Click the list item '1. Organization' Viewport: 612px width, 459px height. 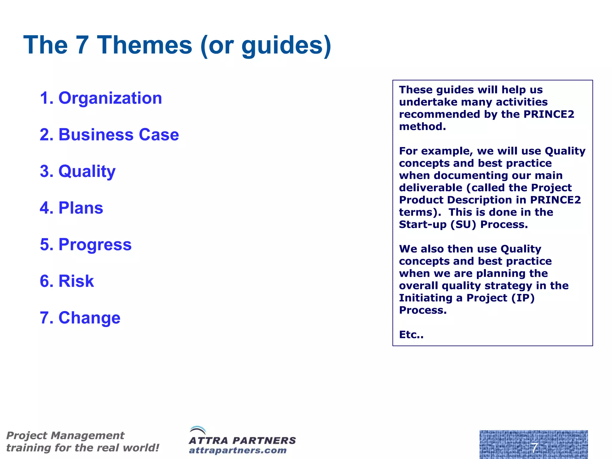[101, 98]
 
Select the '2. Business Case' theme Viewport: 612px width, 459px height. [109, 134]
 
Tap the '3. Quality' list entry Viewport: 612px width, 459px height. [78, 171]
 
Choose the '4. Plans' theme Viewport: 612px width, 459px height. [71, 208]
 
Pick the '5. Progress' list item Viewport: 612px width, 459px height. [86, 244]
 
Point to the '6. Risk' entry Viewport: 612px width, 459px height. [67, 281]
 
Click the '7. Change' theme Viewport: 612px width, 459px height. [80, 318]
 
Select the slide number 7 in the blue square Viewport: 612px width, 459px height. [534, 448]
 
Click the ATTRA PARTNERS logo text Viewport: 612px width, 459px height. [242, 440]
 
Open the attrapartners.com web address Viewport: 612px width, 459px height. [238, 450]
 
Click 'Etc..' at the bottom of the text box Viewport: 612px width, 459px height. [411, 335]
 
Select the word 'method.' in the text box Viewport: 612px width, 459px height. [422, 126]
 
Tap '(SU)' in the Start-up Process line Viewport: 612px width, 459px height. [463, 224]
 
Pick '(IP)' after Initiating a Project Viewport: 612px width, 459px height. [523, 298]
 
